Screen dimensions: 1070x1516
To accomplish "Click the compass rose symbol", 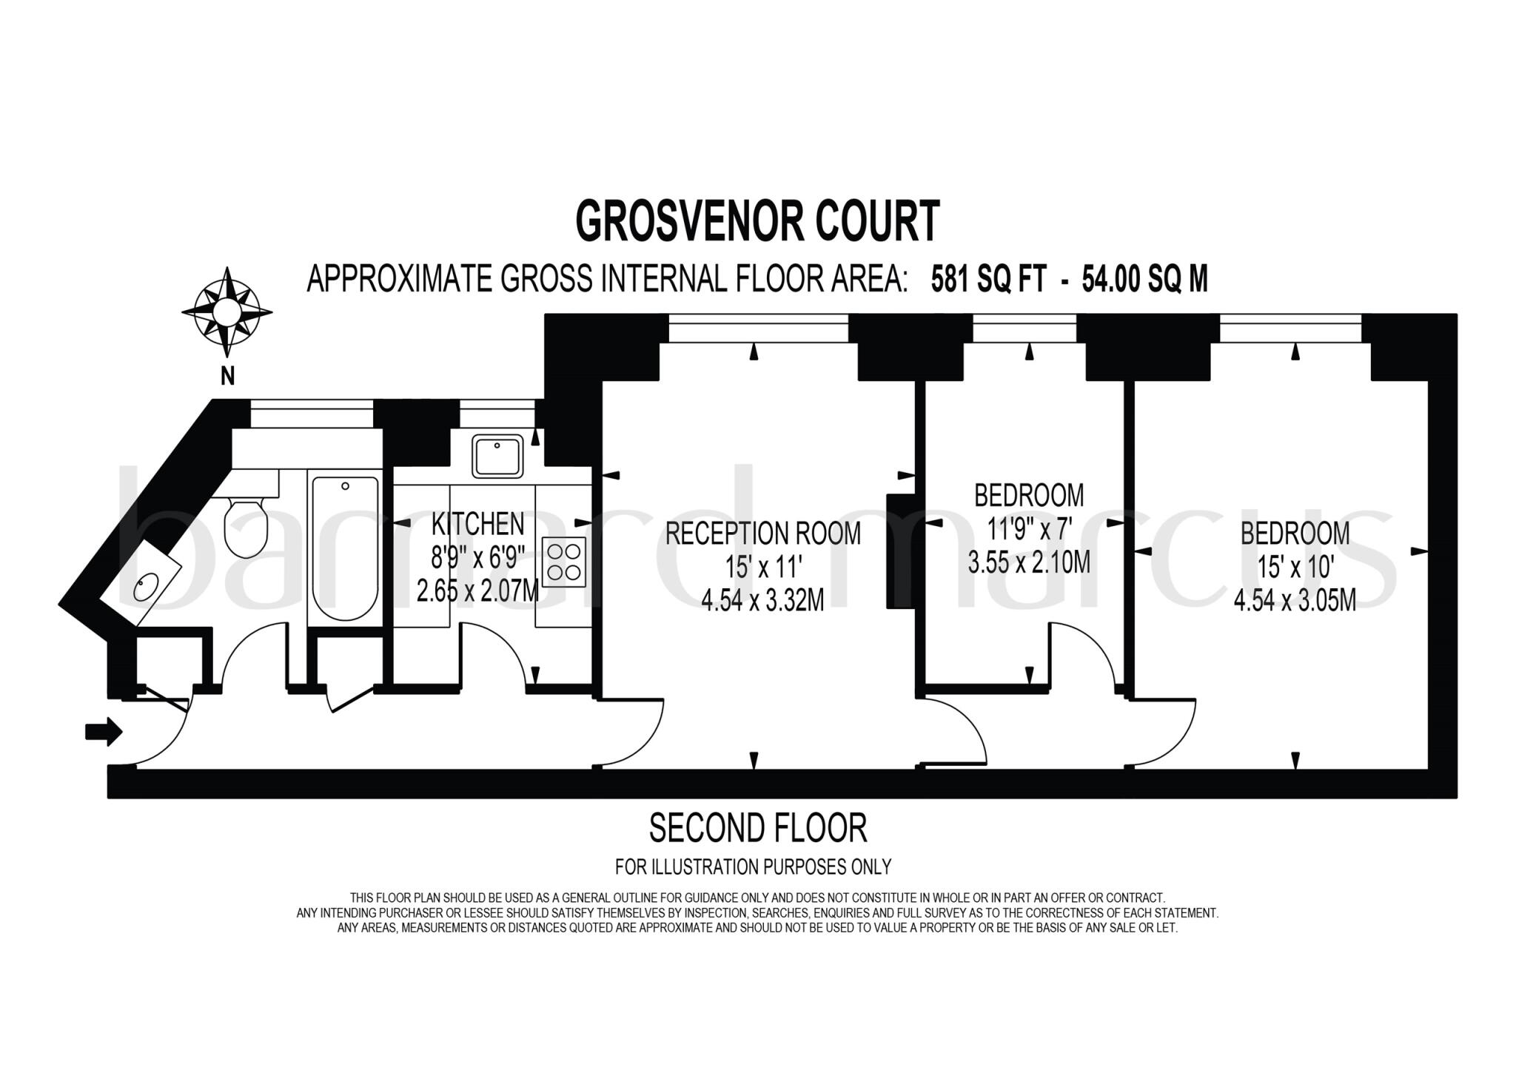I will click(x=227, y=312).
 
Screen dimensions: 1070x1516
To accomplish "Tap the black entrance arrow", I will click(x=104, y=732).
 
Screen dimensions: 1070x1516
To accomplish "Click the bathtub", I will click(x=345, y=548).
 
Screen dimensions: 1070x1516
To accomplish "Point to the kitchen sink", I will click(x=497, y=456).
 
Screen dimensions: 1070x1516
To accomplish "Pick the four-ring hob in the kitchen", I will click(x=564, y=562).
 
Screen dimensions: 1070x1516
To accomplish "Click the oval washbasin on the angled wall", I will click(x=146, y=588).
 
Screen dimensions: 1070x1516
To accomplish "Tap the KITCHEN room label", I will click(x=477, y=524).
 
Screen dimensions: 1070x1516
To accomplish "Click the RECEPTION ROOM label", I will click(x=762, y=534).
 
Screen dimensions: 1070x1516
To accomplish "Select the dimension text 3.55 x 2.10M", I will click(x=1029, y=562).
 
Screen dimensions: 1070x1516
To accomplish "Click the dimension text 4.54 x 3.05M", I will click(x=1295, y=600).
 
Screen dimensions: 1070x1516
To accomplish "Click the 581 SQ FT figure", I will click(x=988, y=280).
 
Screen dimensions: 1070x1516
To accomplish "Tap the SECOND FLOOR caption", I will click(x=757, y=829).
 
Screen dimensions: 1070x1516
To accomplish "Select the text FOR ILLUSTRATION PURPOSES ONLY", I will click(x=753, y=867).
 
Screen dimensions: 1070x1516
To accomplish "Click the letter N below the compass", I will click(x=227, y=377).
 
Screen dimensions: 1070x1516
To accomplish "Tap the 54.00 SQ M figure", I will click(x=1144, y=280).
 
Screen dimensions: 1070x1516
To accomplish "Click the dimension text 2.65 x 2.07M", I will click(x=477, y=591).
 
